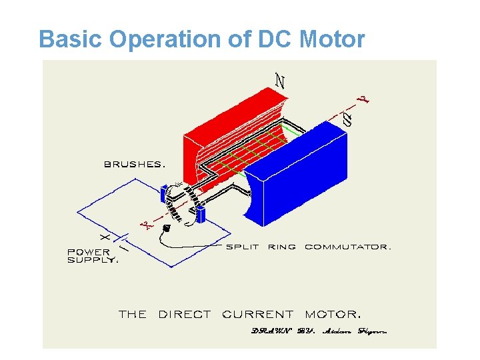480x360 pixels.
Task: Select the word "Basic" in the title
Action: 71,40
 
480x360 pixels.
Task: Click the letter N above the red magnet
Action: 281,81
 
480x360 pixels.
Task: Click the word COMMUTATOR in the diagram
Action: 347,247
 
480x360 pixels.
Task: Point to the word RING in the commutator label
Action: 281,247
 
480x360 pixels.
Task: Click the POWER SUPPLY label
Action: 92,256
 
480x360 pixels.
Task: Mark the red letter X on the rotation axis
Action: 147,227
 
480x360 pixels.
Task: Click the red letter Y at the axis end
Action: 364,100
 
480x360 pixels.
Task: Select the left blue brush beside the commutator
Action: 163,195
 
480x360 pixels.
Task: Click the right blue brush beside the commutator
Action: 200,215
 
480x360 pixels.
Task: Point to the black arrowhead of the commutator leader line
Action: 167,228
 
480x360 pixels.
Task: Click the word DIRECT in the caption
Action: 184,313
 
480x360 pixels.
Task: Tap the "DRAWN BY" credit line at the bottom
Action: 319,331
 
